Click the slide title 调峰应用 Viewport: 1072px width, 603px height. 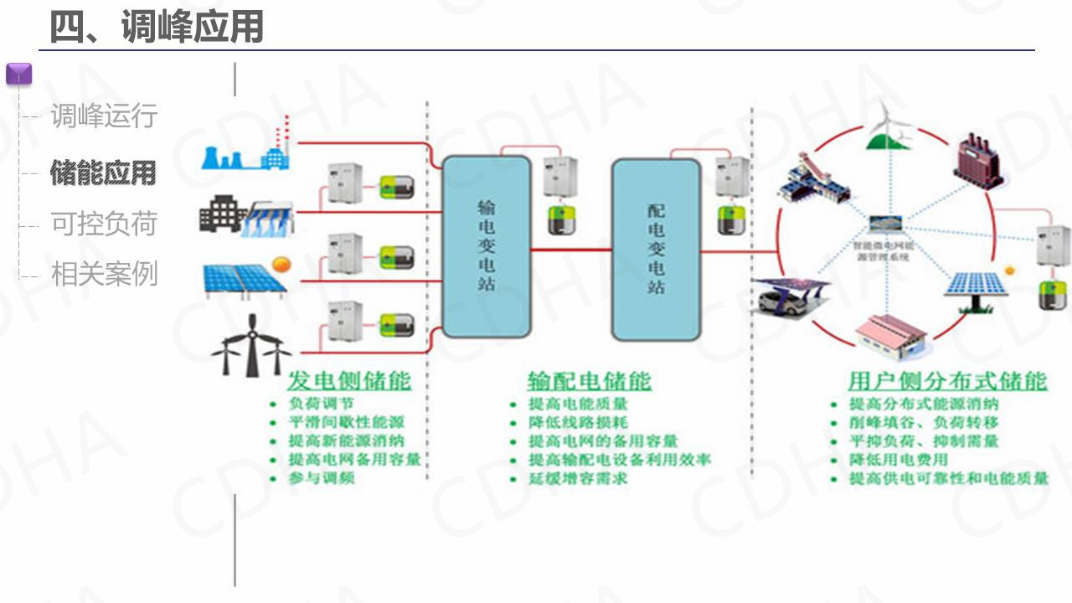157,27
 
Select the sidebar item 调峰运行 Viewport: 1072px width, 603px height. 104,116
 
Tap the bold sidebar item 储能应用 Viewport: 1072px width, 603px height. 104,173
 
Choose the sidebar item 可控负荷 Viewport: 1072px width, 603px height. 104,224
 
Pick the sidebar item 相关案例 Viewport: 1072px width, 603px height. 104,274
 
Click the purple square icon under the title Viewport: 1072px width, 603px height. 18,74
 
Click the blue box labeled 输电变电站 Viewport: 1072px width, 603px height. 486,246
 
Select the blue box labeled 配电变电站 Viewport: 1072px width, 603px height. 656,249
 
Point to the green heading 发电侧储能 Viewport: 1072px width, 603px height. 349,381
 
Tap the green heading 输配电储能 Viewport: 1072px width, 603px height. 589,381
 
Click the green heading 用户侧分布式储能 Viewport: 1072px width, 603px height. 947,381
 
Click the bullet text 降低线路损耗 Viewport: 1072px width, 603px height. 578,422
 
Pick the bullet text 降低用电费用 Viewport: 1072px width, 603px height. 899,460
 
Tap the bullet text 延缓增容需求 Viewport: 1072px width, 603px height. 578,479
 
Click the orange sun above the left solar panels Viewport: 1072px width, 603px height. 280,265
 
